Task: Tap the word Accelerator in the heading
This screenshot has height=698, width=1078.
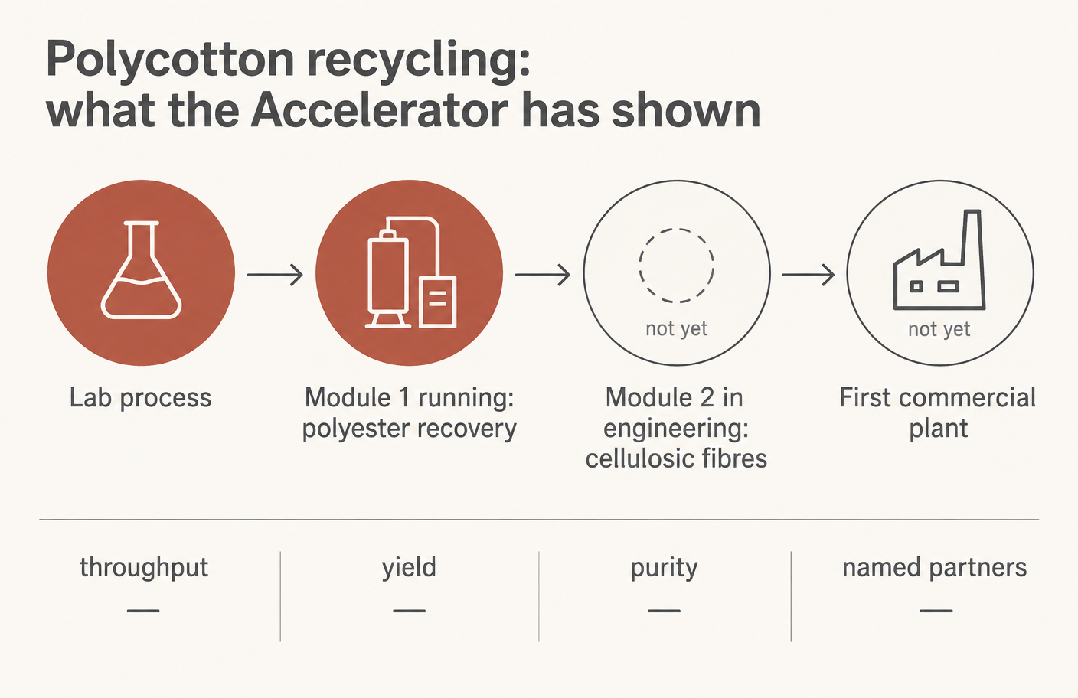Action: [x=379, y=111]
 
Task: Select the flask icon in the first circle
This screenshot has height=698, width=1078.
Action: [x=141, y=270]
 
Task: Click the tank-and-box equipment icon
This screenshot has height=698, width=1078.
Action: [x=410, y=272]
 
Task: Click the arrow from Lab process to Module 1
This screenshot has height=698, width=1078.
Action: [x=276, y=275]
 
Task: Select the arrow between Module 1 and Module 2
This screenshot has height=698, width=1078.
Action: [x=543, y=275]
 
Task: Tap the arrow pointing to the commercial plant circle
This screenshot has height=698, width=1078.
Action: [x=808, y=275]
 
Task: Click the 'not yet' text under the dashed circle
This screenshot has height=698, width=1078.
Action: [x=676, y=329]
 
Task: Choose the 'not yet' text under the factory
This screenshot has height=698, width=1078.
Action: [x=939, y=330]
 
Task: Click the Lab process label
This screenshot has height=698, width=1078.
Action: [x=141, y=398]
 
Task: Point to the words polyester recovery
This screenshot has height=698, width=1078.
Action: [x=410, y=429]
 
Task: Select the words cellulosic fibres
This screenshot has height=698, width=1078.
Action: [x=676, y=458]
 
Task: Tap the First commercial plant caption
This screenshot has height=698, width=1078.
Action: [x=937, y=413]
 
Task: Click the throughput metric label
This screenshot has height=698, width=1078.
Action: [x=144, y=568]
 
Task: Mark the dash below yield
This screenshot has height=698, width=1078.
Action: [x=409, y=611]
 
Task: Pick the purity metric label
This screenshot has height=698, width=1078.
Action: [x=664, y=568]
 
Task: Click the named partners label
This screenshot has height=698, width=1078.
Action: [x=935, y=568]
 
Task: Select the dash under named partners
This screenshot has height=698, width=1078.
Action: [x=936, y=611]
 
